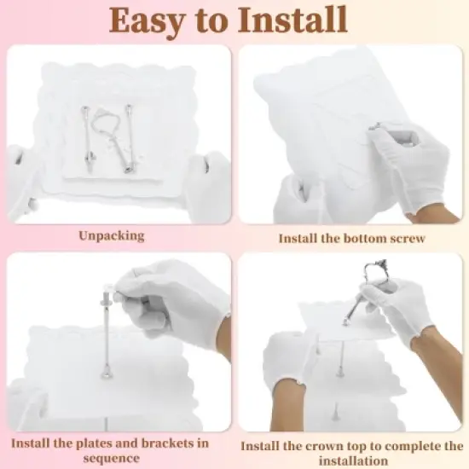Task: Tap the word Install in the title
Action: click(x=292, y=20)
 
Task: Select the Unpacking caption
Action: click(x=112, y=236)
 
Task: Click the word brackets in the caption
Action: click(x=167, y=443)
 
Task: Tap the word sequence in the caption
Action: click(x=111, y=459)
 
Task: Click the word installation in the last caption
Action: click(x=353, y=460)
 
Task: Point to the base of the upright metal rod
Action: click(x=107, y=373)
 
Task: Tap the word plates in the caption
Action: click(x=95, y=443)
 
